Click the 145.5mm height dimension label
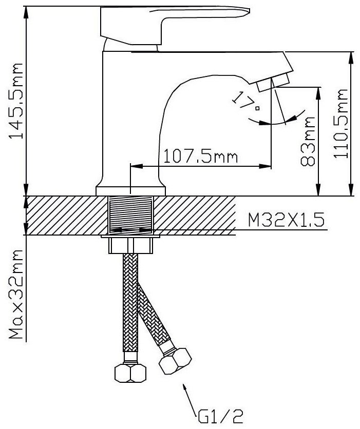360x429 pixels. [16, 101]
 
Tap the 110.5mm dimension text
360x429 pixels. [340, 123]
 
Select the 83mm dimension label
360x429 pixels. [308, 142]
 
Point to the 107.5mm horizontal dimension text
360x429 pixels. [200, 157]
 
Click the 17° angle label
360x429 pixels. [246, 101]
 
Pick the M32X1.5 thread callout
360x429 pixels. [286, 220]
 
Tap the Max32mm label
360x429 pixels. [16, 294]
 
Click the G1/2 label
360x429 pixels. [220, 416]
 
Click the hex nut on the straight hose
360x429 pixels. [130, 373]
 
